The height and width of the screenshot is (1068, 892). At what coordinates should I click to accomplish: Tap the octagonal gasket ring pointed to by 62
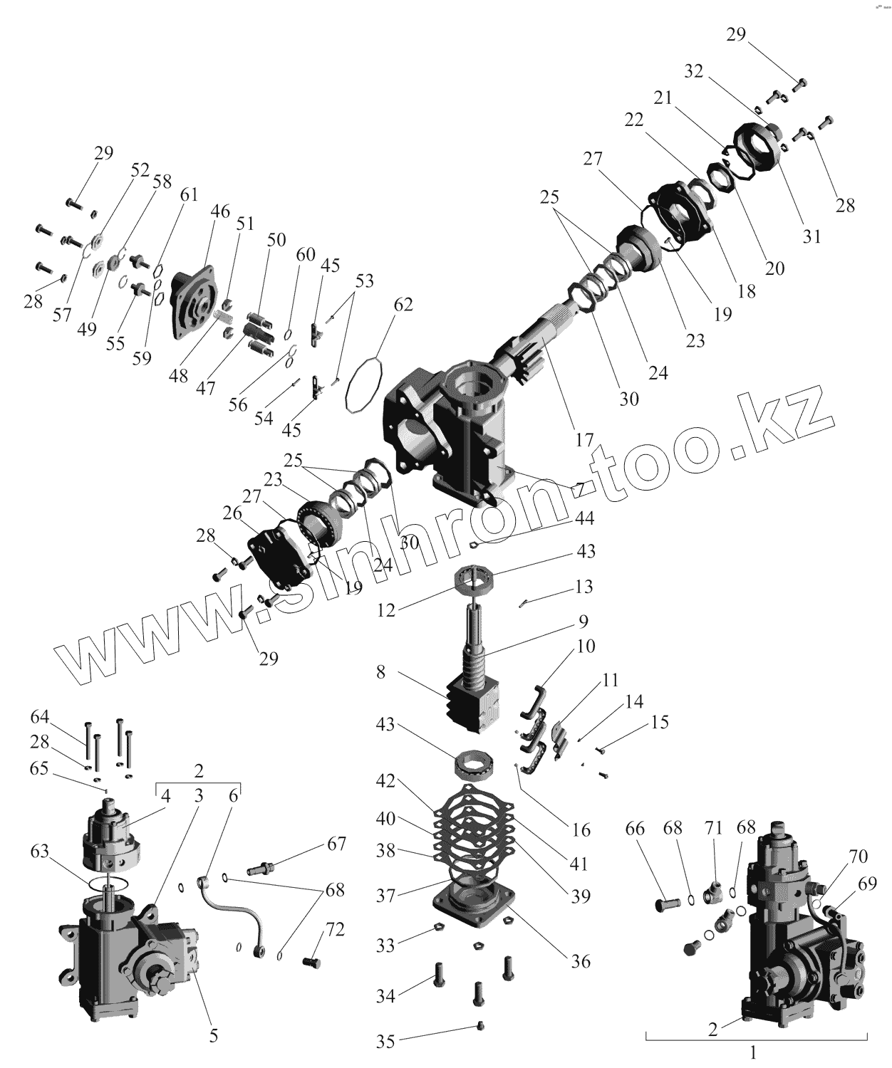364,384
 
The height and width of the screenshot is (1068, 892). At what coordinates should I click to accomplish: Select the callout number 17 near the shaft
584,440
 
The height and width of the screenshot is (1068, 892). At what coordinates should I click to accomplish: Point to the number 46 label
220,211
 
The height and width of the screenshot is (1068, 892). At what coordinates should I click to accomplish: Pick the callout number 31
812,236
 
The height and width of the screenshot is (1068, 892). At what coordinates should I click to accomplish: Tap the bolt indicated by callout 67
263,869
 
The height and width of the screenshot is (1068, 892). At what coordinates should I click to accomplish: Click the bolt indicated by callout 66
665,905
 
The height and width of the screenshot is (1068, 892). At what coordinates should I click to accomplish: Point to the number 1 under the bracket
754,1051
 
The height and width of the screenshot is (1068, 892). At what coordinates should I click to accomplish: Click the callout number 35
385,1042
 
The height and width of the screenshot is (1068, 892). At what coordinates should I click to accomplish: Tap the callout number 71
713,828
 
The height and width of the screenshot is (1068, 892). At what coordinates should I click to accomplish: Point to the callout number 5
213,1036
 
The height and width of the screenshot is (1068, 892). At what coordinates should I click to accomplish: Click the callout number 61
188,195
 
